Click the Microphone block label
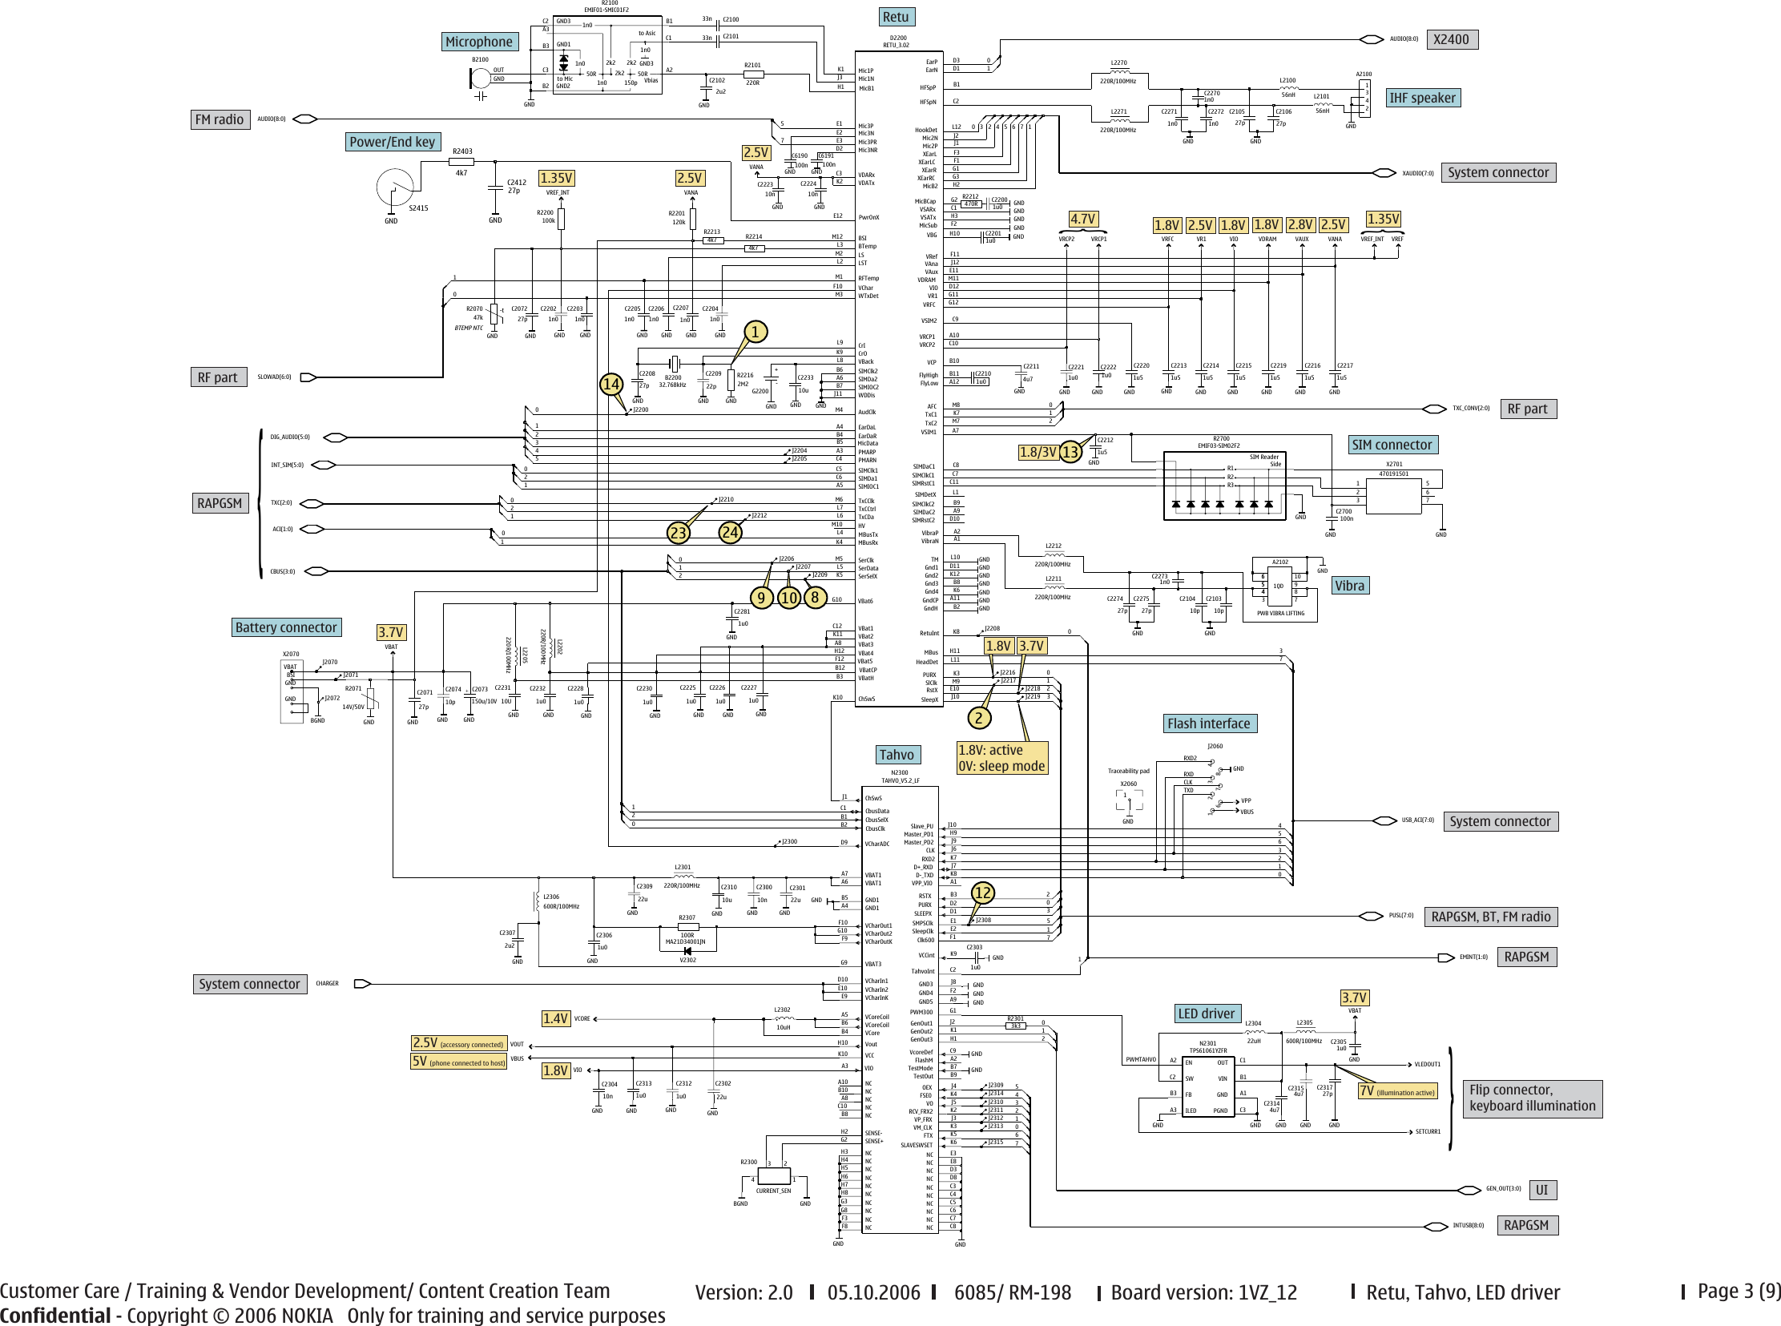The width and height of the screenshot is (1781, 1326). point(479,42)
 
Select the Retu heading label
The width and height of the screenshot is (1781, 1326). point(896,17)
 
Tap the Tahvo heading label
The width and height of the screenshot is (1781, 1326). point(897,755)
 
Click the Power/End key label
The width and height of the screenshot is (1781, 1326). point(393,142)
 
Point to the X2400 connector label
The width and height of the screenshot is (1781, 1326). point(1451,39)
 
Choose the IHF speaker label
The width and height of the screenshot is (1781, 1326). point(1422,98)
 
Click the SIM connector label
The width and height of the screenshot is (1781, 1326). point(1392,445)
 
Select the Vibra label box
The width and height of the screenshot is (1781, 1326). point(1349,585)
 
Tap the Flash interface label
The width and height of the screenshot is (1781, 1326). point(1209,723)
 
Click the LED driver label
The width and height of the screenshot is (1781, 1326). point(1207,1014)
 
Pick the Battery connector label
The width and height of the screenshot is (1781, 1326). point(286,627)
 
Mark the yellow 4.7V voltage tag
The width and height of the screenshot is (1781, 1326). point(1082,219)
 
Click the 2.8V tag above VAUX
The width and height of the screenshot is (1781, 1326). point(1300,226)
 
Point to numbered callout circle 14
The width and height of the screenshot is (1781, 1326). point(611,384)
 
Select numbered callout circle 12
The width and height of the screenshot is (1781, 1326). point(982,893)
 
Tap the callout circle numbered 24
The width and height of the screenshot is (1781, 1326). point(731,532)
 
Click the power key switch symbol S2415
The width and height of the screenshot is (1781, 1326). point(395,187)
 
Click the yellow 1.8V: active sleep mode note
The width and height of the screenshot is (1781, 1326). point(1002,758)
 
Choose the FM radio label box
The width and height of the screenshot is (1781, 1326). point(219,119)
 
